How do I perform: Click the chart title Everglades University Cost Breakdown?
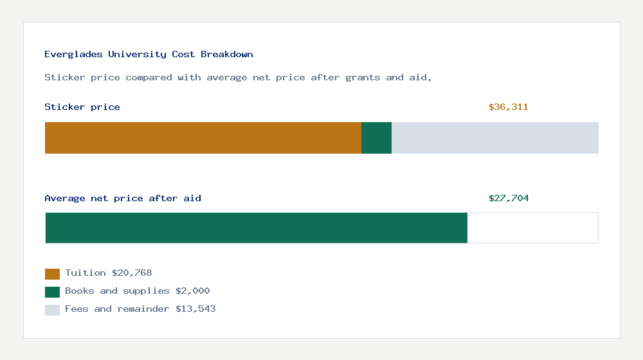(149, 55)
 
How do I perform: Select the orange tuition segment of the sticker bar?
(203, 138)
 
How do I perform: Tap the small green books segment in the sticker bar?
(376, 138)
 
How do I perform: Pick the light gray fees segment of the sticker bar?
(495, 138)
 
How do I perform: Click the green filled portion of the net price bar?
(256, 228)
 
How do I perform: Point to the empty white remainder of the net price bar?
(532, 228)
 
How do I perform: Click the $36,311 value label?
(508, 107)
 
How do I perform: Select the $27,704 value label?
(508, 199)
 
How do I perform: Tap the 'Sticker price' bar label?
(82, 107)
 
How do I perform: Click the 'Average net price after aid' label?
(123, 199)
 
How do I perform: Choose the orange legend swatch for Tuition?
(52, 274)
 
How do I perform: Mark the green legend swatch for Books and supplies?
(52, 292)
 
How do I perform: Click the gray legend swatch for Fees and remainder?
(52, 310)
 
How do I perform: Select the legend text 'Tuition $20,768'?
(109, 273)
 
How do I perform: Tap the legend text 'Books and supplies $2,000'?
(138, 291)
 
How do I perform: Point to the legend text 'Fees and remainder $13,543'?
(140, 309)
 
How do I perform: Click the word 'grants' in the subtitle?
(363, 78)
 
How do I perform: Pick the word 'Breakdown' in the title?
(227, 55)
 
